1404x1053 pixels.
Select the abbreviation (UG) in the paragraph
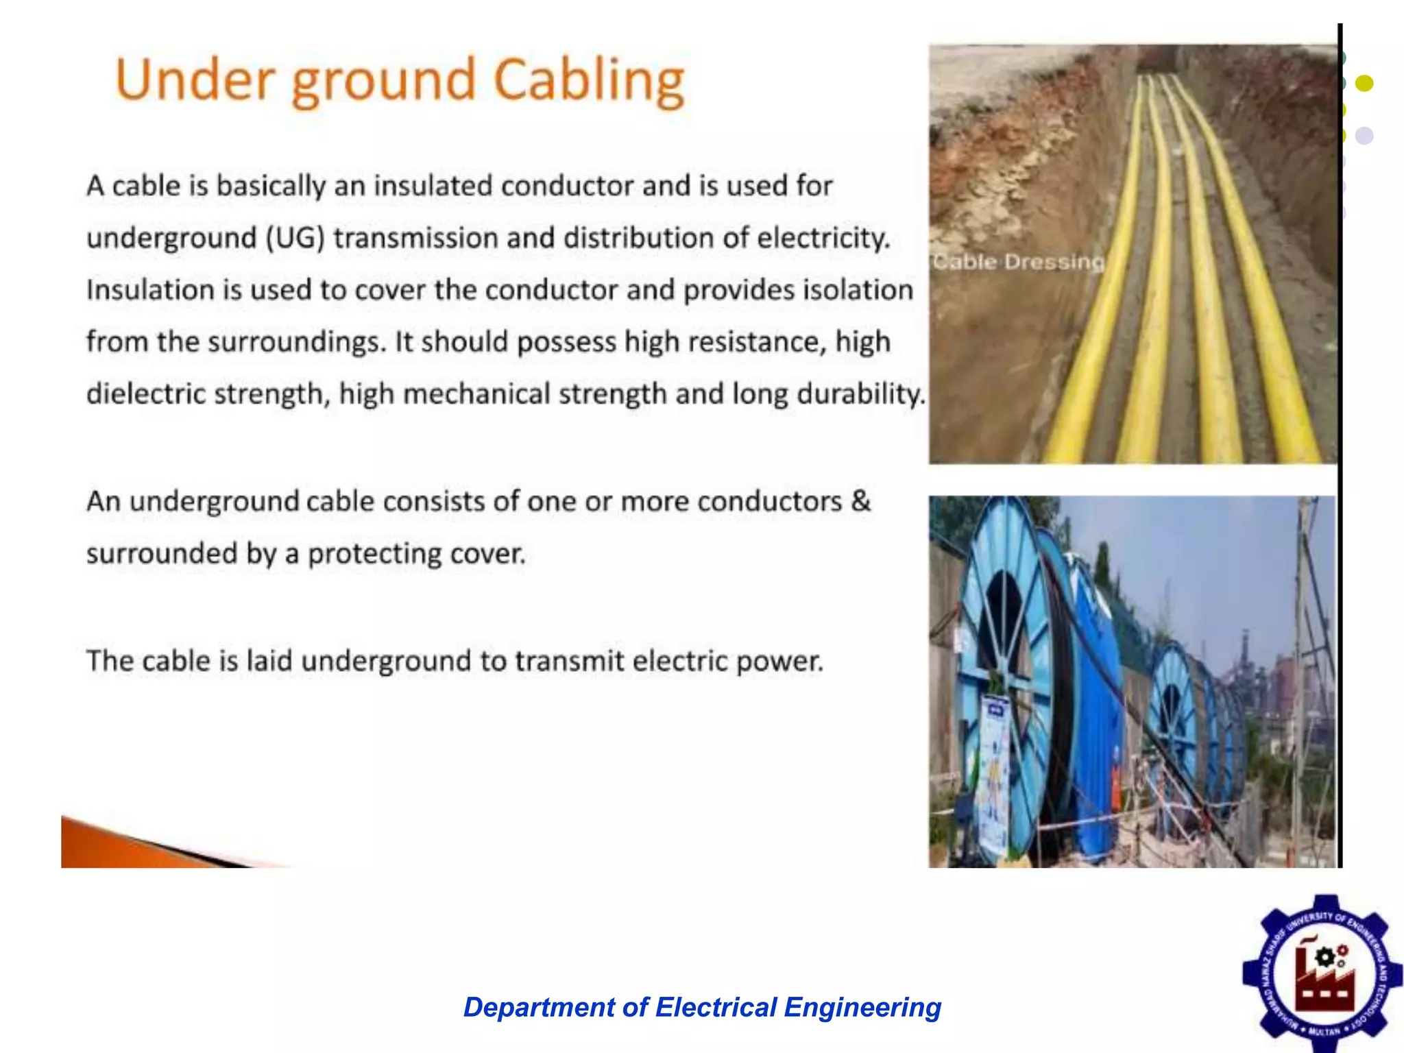click(x=295, y=238)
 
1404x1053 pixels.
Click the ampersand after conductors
click(x=860, y=500)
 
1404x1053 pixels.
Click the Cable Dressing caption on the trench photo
click(x=1018, y=262)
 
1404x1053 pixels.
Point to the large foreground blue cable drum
click(x=1008, y=686)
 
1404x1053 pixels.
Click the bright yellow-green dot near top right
click(x=1364, y=83)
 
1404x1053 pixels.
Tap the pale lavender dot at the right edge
click(x=1364, y=135)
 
